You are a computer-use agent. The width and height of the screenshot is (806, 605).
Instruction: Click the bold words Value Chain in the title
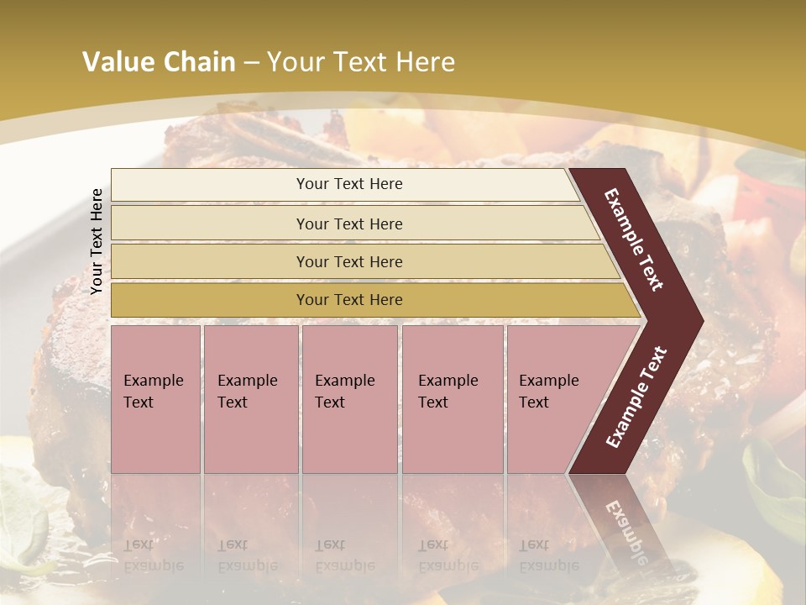159,62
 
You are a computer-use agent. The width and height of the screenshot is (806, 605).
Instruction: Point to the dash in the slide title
251,63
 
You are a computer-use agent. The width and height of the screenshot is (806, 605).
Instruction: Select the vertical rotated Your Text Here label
97,241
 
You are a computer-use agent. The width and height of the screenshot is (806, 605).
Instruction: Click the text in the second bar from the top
349,224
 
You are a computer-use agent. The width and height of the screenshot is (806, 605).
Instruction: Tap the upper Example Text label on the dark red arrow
634,239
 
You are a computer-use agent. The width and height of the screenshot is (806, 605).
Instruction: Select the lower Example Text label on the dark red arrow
636,397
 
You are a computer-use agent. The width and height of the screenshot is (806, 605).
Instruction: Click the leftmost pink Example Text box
155,398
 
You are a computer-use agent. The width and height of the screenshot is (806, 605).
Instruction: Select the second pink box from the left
250,398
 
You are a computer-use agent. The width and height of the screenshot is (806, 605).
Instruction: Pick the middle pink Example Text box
349,398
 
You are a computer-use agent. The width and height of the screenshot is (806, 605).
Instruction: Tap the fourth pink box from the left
453,398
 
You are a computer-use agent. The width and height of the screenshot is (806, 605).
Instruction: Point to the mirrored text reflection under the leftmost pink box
154,555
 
